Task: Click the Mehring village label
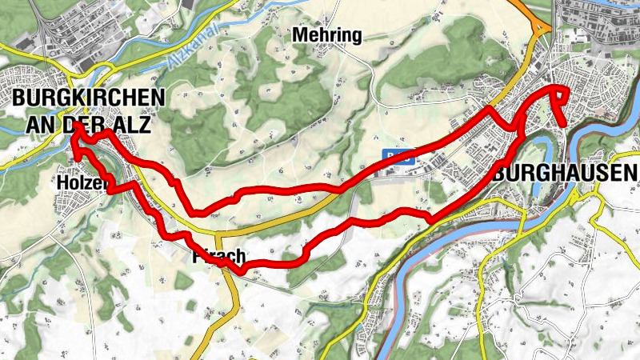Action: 327,35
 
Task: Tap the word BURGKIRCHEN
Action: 88,98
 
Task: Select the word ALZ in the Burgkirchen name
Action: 131,124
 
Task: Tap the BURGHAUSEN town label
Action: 565,172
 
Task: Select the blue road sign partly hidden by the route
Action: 398,157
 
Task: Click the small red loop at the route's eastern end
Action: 560,95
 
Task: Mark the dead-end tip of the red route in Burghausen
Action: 566,124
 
